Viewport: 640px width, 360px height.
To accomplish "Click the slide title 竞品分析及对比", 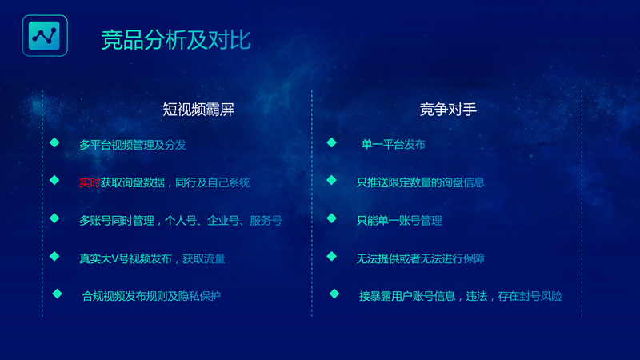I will pos(176,39).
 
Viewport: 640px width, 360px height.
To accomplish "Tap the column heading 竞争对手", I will pos(448,110).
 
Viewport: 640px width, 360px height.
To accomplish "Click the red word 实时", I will pos(89,182).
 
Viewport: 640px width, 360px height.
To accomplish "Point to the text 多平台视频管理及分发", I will pos(132,145).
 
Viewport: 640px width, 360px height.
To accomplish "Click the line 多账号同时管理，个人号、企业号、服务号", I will pos(180,220).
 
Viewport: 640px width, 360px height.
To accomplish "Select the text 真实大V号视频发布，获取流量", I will pos(152,258).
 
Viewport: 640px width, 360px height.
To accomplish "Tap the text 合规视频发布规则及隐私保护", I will pos(151,296).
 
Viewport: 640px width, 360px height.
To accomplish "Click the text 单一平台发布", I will pos(393,145).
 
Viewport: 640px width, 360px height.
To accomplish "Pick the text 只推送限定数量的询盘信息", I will pos(420,182).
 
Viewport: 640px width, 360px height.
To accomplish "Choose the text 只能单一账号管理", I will pos(399,220).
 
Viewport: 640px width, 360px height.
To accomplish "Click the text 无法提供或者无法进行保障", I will pos(420,258).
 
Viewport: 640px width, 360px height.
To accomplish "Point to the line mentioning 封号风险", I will pos(461,296).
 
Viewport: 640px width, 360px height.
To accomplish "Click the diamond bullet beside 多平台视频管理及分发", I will pos(54,142).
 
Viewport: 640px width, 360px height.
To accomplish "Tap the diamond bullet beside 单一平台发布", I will pos(331,142).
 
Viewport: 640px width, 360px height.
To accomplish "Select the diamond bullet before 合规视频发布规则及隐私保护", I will pos(57,294).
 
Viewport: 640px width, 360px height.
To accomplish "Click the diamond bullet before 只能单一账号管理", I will pos(331,218).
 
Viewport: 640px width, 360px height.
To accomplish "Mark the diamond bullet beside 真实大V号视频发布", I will pos(54,256).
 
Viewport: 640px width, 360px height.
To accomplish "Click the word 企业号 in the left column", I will pos(223,220).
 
